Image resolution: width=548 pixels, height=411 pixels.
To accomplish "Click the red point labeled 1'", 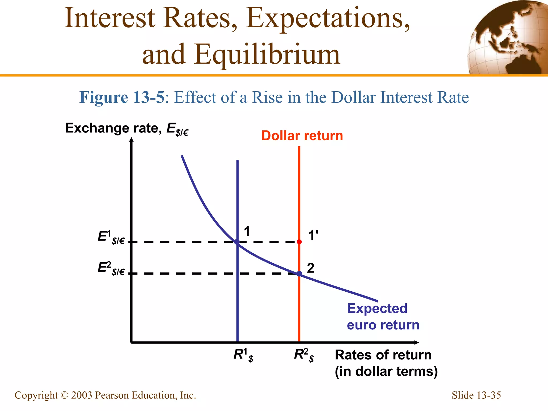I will (299, 242).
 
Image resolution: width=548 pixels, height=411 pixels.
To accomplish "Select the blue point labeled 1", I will (237, 242).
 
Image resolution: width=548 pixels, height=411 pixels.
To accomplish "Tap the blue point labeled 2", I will (299, 273).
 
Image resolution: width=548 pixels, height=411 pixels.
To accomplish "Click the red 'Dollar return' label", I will (302, 136).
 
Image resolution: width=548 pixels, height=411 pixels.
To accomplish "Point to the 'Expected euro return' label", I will (383, 317).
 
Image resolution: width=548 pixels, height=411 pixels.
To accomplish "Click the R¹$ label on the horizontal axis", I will (243, 355).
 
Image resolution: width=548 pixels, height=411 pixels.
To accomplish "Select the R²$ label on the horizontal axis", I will (304, 355).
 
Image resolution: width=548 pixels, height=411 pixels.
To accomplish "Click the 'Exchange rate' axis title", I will (127, 128).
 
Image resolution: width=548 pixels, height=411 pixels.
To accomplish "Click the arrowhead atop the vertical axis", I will (131, 139).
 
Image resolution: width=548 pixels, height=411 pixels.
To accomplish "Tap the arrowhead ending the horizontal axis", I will (416, 342).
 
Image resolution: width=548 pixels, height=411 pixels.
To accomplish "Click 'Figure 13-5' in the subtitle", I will (122, 97).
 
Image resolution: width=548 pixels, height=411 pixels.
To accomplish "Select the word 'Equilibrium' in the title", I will (267, 55).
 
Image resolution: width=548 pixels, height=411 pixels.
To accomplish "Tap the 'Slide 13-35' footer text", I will (476, 395).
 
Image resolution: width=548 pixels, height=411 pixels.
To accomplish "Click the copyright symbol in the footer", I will (64, 395).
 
